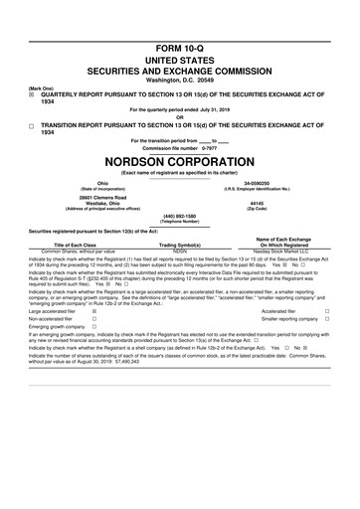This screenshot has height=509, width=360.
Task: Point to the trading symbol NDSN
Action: click(180, 252)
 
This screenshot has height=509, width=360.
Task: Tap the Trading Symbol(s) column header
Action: click(180, 246)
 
